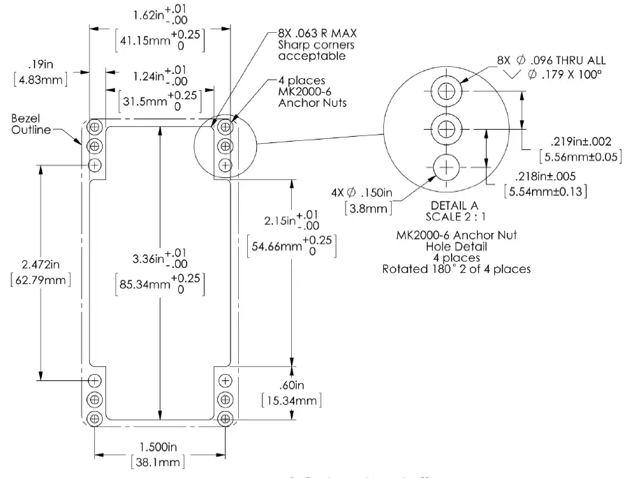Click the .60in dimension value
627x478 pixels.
[x=288, y=384]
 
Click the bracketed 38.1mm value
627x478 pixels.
[x=159, y=461]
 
